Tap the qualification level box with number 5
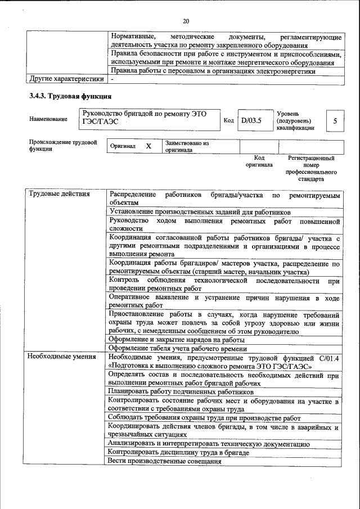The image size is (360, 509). pos(335,120)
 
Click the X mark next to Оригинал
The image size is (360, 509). pos(148,146)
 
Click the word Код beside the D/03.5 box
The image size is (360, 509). pos(228,120)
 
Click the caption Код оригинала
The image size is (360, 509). pos(259,162)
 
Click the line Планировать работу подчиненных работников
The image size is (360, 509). pos(181,391)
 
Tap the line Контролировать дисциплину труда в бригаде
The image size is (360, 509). pos(178,452)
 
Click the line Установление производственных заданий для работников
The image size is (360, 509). pos(199,213)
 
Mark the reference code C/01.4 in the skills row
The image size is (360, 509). pos(328,357)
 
